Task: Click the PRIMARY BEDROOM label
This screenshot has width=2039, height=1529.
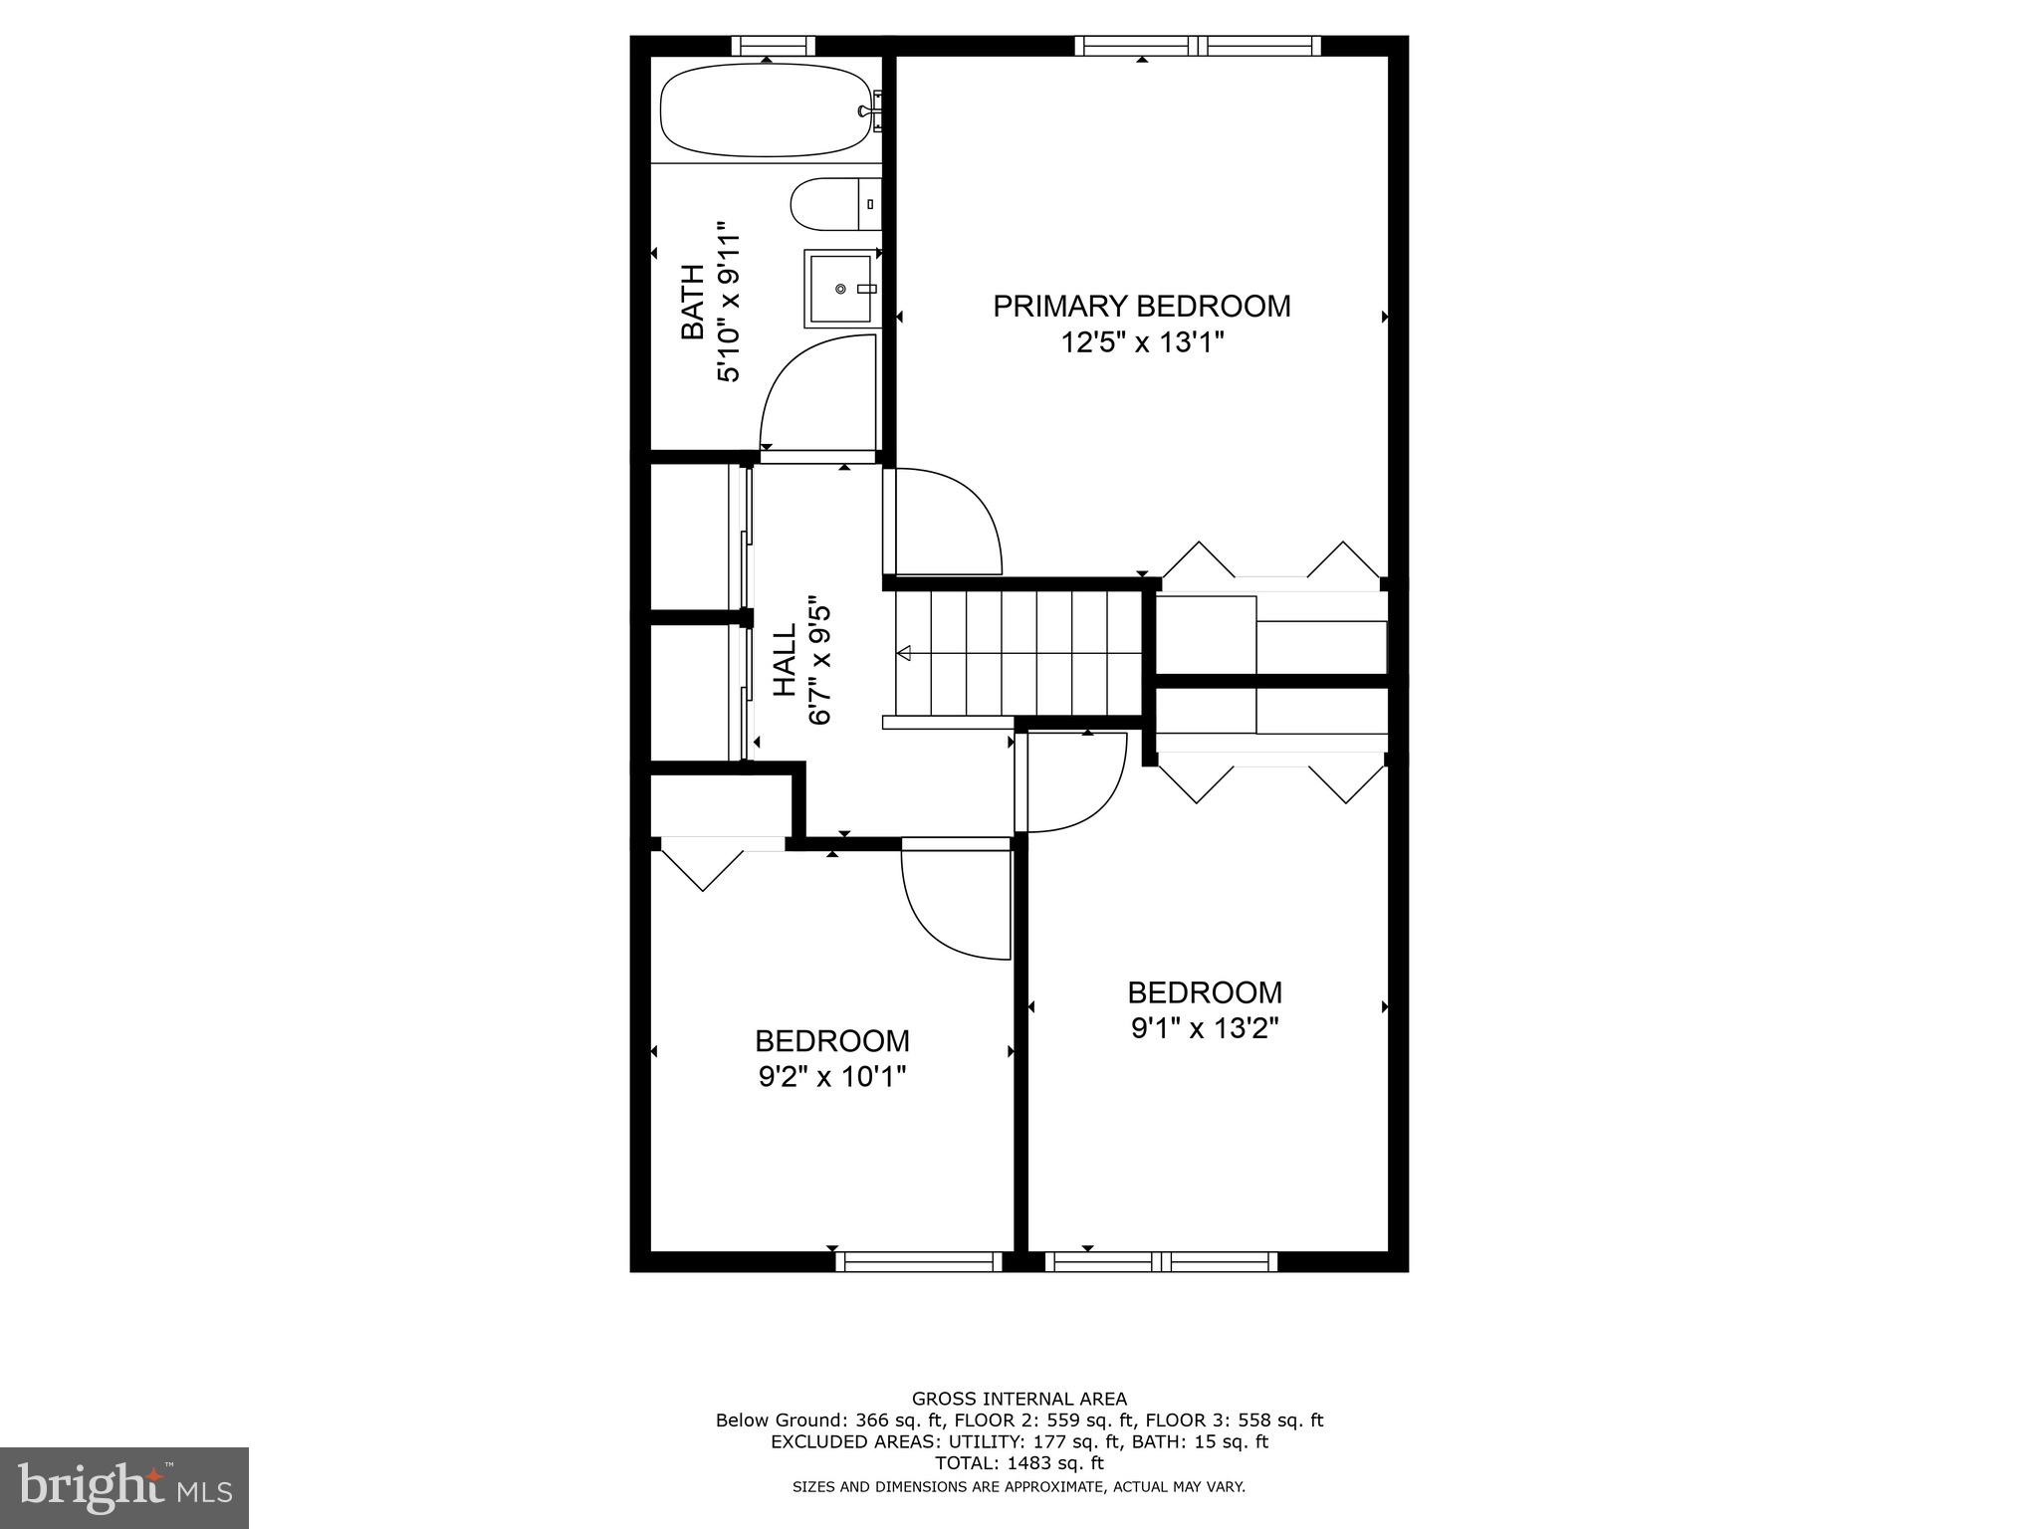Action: [x=1141, y=306]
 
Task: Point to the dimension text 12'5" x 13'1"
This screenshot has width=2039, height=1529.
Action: [x=1141, y=343]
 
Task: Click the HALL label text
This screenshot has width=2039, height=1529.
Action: [x=786, y=660]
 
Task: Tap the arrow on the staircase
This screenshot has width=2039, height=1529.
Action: [x=904, y=653]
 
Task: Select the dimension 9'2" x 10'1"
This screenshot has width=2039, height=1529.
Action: [x=832, y=1076]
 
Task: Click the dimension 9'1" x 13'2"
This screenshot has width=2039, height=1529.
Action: [x=1205, y=1028]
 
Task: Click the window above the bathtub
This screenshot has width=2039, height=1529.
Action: [x=773, y=46]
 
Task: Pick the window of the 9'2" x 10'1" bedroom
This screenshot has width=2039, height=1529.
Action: [x=918, y=1262]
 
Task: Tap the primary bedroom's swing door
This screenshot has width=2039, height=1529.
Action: [x=946, y=523]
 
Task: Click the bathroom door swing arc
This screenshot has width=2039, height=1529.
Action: [x=811, y=393]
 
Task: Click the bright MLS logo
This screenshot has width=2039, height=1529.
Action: [x=124, y=1486]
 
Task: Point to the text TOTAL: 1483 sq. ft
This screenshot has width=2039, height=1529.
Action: [x=1019, y=1463]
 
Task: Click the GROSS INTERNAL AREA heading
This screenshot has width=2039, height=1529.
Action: [x=1019, y=1399]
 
